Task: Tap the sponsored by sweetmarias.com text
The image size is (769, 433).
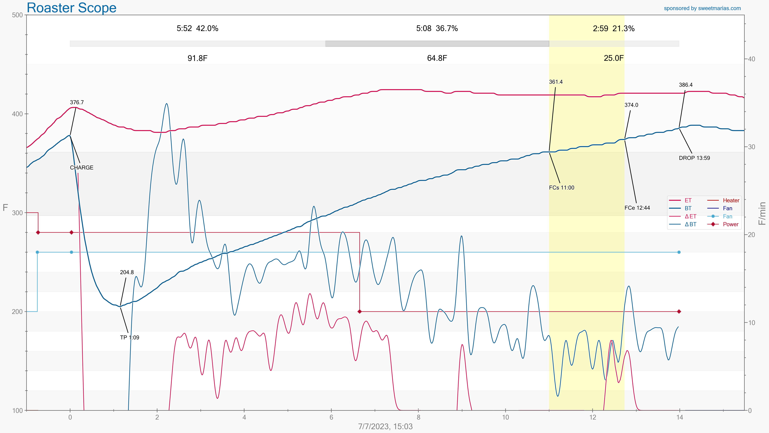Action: pyautogui.click(x=702, y=8)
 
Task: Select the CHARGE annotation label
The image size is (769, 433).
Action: pyautogui.click(x=81, y=168)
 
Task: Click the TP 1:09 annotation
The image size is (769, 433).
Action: pyautogui.click(x=130, y=337)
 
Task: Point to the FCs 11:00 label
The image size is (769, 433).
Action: pyautogui.click(x=562, y=188)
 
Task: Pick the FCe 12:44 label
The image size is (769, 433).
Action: pyautogui.click(x=637, y=208)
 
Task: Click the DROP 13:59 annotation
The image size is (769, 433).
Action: pyautogui.click(x=694, y=158)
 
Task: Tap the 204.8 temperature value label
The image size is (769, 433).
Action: pyautogui.click(x=127, y=272)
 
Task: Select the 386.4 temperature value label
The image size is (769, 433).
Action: pyautogui.click(x=686, y=85)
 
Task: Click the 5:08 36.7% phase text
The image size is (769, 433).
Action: pyautogui.click(x=437, y=28)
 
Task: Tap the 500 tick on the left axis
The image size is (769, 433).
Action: pyautogui.click(x=17, y=15)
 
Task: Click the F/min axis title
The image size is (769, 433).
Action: pyautogui.click(x=762, y=213)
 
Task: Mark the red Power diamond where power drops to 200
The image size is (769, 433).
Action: pyautogui.click(x=359, y=311)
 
